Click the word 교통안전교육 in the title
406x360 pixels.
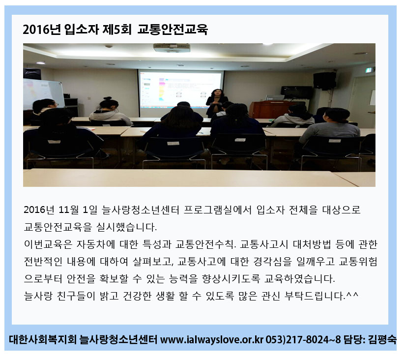coord(173,30)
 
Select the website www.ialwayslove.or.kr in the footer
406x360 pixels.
coord(212,339)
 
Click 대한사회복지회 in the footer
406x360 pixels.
coord(43,339)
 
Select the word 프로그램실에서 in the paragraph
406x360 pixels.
coord(217,210)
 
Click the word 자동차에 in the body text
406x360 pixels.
coord(95,244)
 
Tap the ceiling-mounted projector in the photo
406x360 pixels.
coord(172,48)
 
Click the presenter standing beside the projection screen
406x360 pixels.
coord(216,102)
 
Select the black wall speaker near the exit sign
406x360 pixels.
coord(324,81)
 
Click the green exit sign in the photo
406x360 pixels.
coord(369,70)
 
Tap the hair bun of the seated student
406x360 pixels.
coord(108,98)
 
